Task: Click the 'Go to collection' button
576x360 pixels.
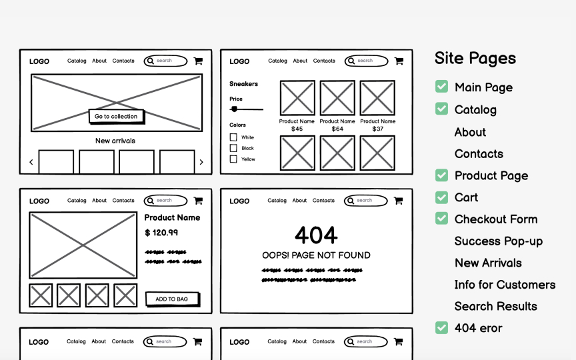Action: [116, 116]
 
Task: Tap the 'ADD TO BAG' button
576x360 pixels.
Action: [172, 299]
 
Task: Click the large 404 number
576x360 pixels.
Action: [316, 235]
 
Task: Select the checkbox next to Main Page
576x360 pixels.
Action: [441, 87]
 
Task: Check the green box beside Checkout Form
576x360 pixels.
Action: [441, 219]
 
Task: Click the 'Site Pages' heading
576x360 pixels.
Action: [475, 58]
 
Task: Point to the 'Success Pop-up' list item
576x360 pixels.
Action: [498, 241]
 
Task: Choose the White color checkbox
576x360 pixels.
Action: [233, 137]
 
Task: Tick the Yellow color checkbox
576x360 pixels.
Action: [233, 159]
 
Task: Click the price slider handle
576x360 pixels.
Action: [234, 109]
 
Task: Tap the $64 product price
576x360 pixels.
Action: [337, 129]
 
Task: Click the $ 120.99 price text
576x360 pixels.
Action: [161, 233]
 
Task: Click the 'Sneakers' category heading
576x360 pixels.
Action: [243, 84]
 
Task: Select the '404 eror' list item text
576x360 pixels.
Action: [478, 328]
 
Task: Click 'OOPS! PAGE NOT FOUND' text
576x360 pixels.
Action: [316, 255]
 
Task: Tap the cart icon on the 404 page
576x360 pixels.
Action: [398, 201]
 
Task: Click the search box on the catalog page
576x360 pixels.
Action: [366, 61]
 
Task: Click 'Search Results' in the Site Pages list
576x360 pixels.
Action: [495, 307]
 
